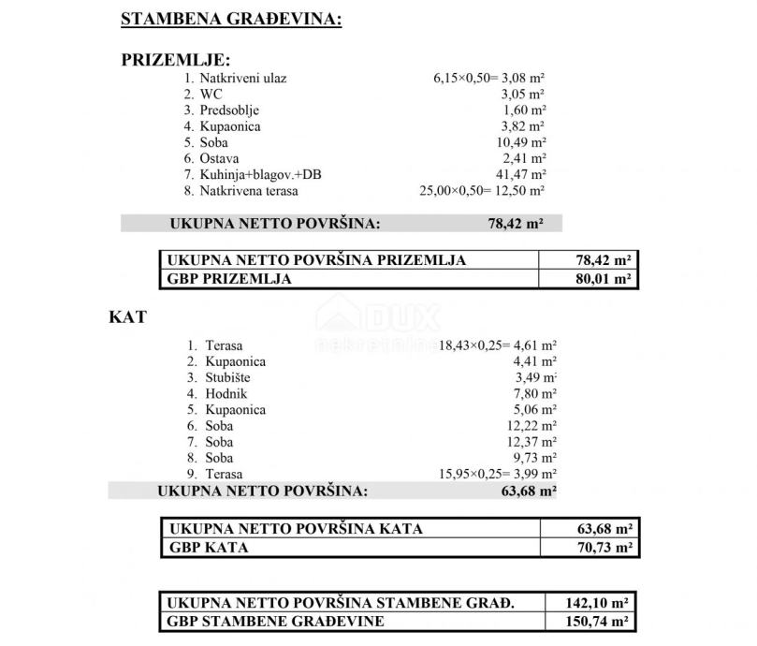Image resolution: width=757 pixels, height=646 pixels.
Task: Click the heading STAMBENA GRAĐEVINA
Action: tap(231, 19)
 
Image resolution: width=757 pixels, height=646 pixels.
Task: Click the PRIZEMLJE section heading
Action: tap(177, 61)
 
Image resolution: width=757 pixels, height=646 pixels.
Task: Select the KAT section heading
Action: tap(129, 316)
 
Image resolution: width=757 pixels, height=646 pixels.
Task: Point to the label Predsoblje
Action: tap(229, 110)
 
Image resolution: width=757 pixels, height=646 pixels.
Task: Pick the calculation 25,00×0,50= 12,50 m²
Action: tap(482, 190)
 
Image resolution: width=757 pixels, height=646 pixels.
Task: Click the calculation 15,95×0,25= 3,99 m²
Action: tap(498, 474)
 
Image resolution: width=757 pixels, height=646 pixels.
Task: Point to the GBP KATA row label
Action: tap(208, 548)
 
